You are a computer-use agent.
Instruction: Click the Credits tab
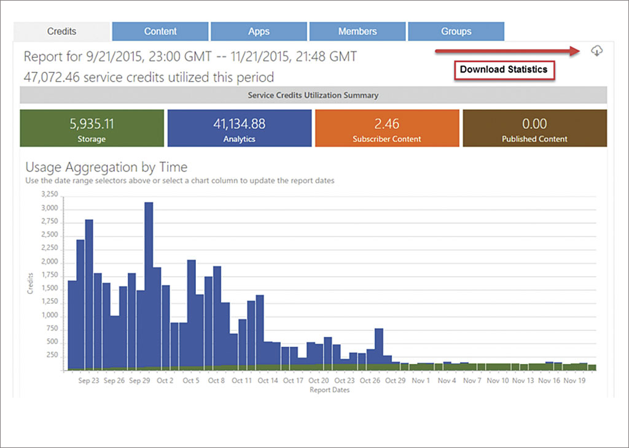tap(61, 31)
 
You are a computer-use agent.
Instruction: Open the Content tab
tap(160, 31)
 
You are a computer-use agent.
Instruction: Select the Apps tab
tap(259, 31)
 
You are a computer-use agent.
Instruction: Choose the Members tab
tap(357, 31)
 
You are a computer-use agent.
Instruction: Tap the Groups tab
tap(456, 31)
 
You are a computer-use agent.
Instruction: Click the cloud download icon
tap(596, 51)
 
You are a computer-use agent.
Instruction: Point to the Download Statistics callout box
tap(504, 70)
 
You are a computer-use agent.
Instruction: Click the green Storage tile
tap(92, 128)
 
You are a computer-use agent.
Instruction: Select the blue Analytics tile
tap(239, 128)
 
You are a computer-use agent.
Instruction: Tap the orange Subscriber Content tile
tap(386, 128)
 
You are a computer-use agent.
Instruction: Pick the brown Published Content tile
tap(534, 128)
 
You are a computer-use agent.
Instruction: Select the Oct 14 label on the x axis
tap(268, 381)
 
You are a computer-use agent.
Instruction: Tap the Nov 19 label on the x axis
tap(574, 381)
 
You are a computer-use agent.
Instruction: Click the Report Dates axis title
tap(330, 390)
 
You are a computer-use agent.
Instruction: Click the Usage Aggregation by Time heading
tap(106, 167)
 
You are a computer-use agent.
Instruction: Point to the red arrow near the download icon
tap(507, 52)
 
